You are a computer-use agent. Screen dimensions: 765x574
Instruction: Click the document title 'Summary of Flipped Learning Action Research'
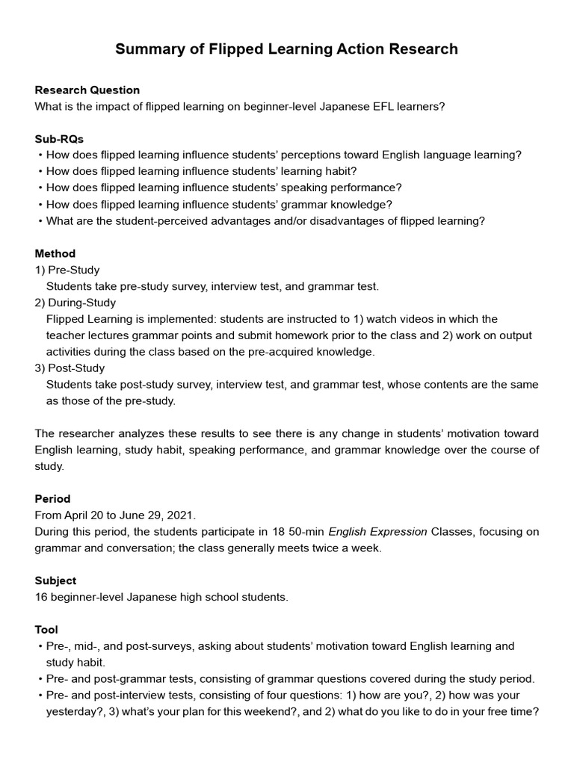click(x=286, y=49)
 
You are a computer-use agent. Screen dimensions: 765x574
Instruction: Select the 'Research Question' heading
click(x=87, y=90)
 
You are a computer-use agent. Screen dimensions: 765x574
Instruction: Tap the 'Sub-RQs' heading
click(x=59, y=139)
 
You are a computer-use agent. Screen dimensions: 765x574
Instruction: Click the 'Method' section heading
click(x=55, y=253)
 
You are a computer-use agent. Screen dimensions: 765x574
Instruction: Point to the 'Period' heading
click(x=52, y=498)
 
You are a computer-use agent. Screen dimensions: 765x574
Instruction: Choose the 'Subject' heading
click(x=55, y=580)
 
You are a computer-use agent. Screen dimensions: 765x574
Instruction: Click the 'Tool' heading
click(x=46, y=630)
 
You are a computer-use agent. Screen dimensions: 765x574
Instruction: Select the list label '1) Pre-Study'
click(x=67, y=270)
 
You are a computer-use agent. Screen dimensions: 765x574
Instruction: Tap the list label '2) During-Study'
click(x=75, y=303)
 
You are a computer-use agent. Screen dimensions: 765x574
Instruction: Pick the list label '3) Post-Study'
click(x=70, y=368)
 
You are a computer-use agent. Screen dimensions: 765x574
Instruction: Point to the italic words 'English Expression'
click(x=377, y=532)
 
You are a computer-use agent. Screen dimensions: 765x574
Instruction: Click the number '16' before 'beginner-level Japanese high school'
click(x=41, y=597)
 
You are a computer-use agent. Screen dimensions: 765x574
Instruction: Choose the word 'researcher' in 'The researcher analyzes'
click(x=86, y=433)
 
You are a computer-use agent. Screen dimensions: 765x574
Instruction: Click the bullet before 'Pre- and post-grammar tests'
click(x=39, y=679)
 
